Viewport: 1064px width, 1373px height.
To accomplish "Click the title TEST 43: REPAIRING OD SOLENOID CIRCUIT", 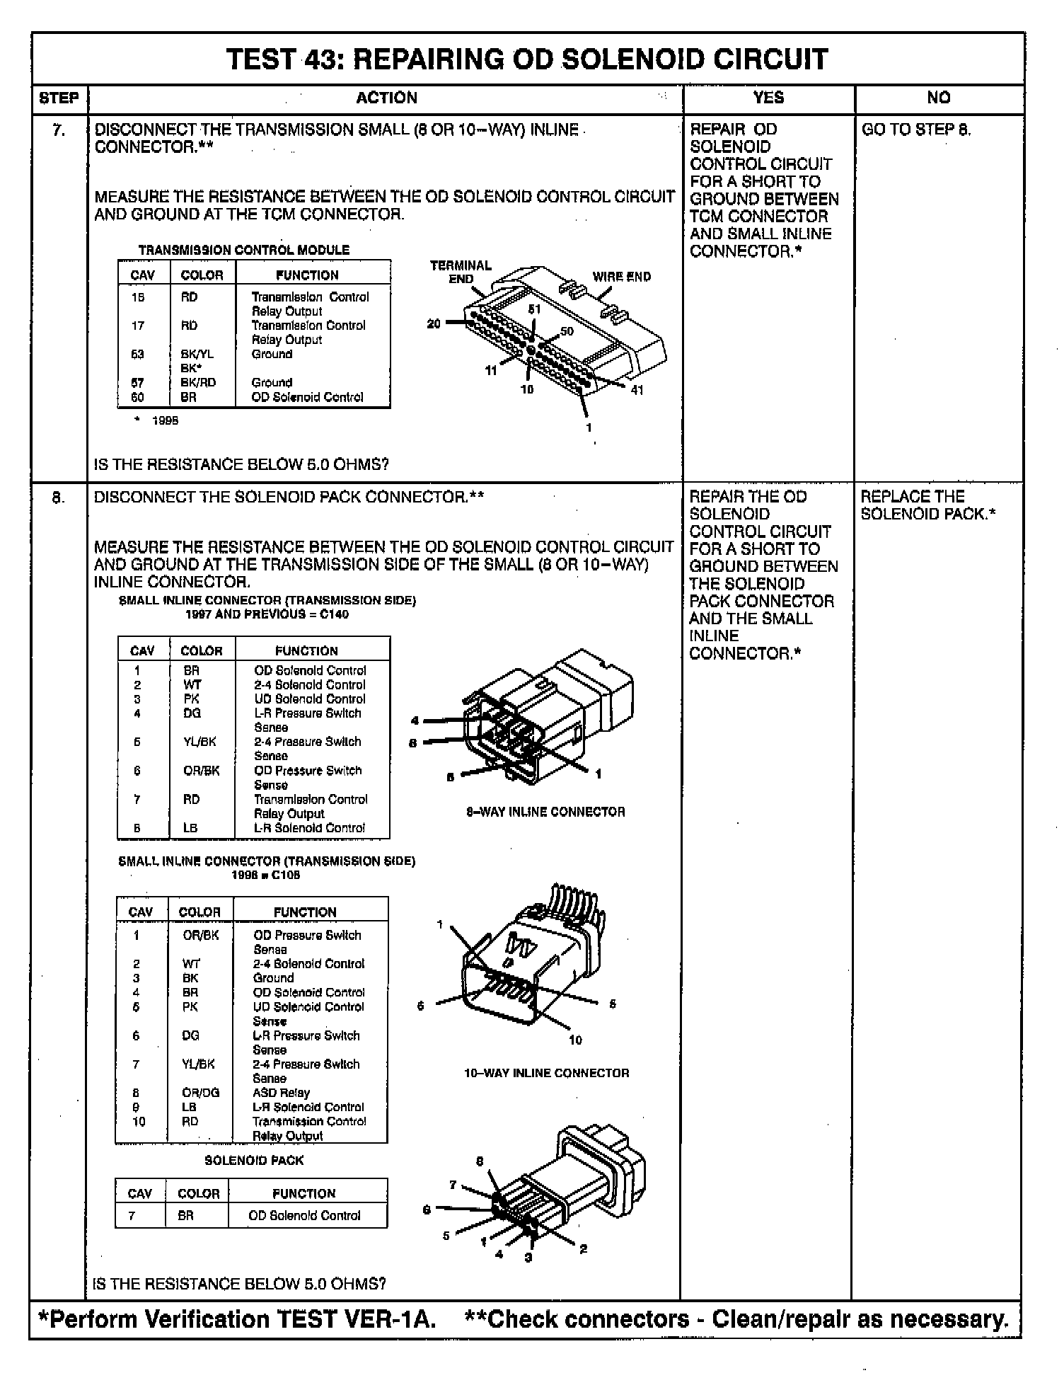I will tap(527, 59).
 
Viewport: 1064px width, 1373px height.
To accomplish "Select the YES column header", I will tap(768, 98).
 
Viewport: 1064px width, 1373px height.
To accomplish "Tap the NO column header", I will tap(938, 98).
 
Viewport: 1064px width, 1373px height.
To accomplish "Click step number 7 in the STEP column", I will tap(59, 130).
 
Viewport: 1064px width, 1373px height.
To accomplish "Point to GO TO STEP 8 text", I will tap(916, 130).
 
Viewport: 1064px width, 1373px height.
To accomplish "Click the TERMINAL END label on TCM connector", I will tap(461, 272).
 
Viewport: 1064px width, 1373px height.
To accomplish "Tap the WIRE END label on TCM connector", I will tap(621, 277).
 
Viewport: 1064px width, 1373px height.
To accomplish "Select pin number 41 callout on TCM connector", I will tap(637, 390).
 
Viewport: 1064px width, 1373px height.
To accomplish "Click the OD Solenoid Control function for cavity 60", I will tap(307, 397).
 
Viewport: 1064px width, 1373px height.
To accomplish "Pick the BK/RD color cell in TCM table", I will tap(198, 382).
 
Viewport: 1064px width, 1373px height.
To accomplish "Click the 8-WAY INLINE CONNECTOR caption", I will tap(545, 812).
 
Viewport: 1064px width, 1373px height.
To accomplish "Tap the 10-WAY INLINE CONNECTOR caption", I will tap(546, 1073).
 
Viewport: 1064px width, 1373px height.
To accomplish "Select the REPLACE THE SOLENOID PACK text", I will tap(927, 505).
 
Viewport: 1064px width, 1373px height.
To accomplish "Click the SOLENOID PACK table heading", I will tap(254, 1161).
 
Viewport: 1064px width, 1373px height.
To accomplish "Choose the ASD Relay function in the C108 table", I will tap(281, 1093).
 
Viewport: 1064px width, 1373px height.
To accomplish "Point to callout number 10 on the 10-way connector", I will tap(575, 1040).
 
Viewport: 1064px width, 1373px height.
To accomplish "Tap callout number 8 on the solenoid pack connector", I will tap(479, 1161).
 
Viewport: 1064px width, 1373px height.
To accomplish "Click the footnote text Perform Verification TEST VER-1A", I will tap(238, 1319).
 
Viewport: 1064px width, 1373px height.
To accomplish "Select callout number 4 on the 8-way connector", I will tap(415, 721).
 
